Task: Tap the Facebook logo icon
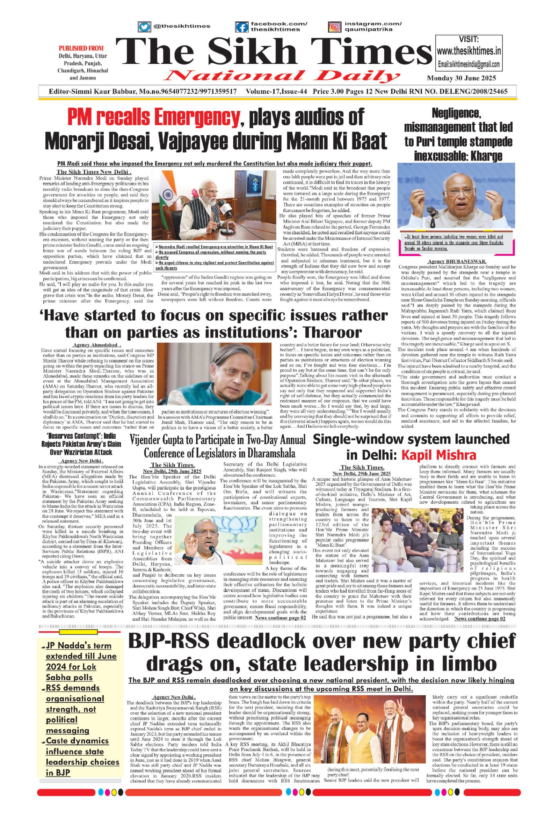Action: point(242,27)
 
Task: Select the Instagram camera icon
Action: point(335,27)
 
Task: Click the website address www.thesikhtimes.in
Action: point(469,51)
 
